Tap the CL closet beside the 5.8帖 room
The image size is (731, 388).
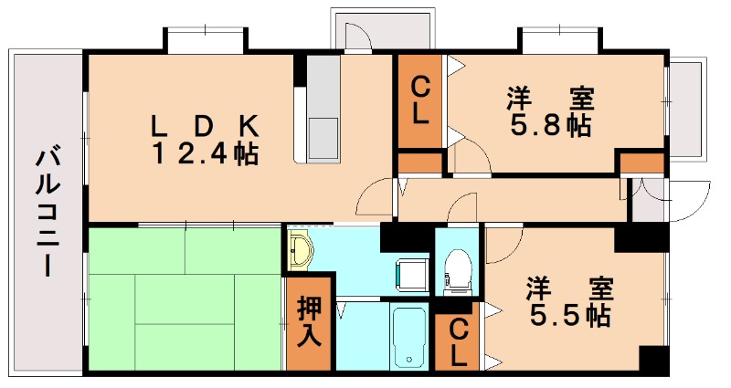pos(420,101)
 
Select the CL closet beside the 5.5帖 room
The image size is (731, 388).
pos(458,342)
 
